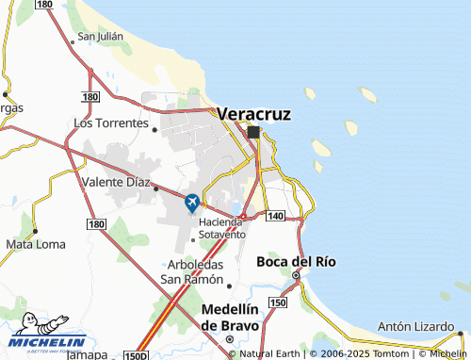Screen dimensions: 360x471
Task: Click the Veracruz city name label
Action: pyautogui.click(x=253, y=113)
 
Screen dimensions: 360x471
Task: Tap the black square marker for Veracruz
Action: pyautogui.click(x=253, y=133)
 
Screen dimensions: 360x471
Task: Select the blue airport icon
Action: pyautogui.click(x=192, y=202)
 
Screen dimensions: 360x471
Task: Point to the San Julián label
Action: pyautogui.click(x=101, y=37)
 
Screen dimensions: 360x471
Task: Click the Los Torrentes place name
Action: pyautogui.click(x=110, y=123)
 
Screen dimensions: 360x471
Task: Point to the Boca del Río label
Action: pyautogui.click(x=296, y=261)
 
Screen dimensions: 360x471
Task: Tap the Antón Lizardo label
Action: pyautogui.click(x=415, y=327)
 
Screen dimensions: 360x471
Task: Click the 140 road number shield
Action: pyautogui.click(x=275, y=217)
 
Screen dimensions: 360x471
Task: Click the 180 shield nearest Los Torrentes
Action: pyautogui.click(x=90, y=97)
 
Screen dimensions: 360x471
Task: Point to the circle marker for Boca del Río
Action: pyautogui.click(x=295, y=275)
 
